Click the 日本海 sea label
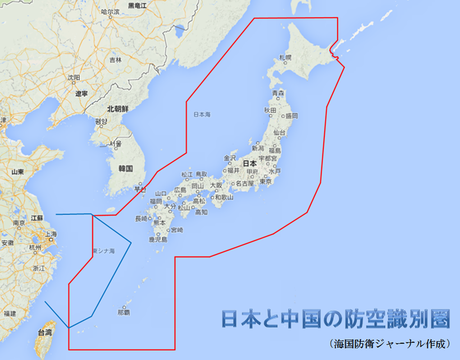202,115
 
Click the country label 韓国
125,168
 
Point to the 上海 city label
50,234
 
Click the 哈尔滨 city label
110,11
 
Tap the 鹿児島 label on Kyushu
158,239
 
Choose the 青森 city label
278,93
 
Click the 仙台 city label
280,133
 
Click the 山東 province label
18,172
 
